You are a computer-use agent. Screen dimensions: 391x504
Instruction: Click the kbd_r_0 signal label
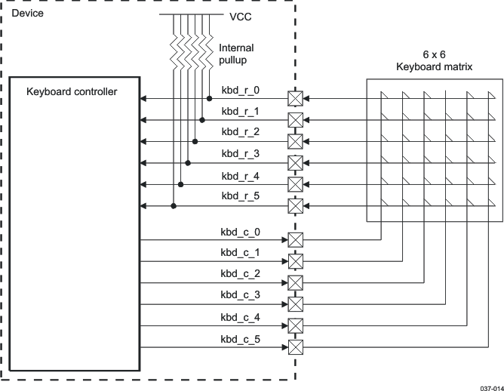click(x=240, y=90)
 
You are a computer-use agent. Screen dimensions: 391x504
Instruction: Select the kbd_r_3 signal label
click(x=240, y=153)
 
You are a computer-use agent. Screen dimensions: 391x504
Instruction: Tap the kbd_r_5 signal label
click(x=240, y=195)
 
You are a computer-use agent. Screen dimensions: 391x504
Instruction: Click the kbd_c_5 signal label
click(x=240, y=339)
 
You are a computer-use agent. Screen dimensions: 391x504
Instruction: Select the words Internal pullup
click(x=235, y=54)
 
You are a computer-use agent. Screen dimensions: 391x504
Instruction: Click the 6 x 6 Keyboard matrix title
click(x=434, y=61)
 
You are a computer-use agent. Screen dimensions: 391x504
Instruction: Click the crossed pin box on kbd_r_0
click(x=296, y=99)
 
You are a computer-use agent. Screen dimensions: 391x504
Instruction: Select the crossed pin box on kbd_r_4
click(x=296, y=184)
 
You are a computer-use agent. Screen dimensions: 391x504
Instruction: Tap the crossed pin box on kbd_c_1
click(x=296, y=262)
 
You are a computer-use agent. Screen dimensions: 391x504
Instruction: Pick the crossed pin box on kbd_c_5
click(x=296, y=347)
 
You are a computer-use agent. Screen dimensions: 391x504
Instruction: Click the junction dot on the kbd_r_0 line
click(x=209, y=99)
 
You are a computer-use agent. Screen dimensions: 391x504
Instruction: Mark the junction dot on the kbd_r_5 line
click(x=174, y=205)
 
